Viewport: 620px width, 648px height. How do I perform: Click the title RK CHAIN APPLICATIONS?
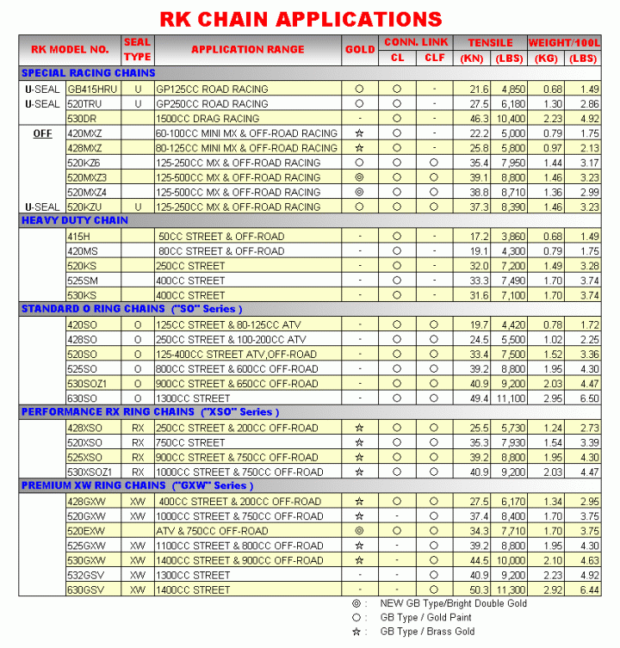tap(301, 18)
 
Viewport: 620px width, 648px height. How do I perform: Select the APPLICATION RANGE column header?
tap(247, 50)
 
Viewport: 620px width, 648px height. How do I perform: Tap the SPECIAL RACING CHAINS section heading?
tap(88, 73)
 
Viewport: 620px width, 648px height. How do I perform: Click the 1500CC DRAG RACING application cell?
tap(208, 118)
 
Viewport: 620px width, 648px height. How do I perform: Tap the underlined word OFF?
tap(42, 133)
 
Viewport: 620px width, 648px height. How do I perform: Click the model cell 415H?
tap(79, 236)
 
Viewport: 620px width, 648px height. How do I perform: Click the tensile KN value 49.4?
tap(479, 398)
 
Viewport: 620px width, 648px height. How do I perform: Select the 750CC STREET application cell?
tap(190, 442)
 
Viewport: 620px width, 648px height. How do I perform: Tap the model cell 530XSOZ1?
tap(90, 472)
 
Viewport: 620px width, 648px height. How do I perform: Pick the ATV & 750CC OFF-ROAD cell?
tap(213, 531)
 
